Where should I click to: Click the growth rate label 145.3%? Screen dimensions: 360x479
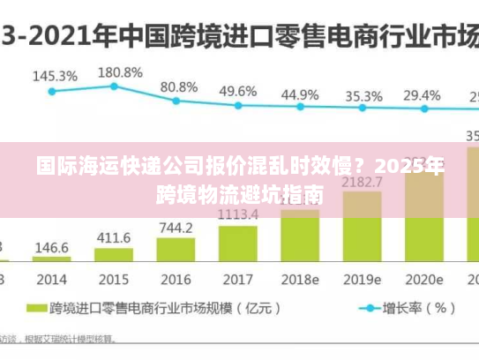click(55, 76)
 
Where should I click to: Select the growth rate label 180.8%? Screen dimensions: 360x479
click(119, 71)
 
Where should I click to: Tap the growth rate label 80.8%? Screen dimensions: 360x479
click(179, 86)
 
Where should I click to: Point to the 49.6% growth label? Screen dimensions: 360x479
click(237, 91)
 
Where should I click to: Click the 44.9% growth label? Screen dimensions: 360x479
click(300, 94)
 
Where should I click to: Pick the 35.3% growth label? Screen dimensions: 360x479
click(363, 96)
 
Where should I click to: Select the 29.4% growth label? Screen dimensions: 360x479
click(422, 94)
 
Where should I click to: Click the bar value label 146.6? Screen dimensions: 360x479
click(52, 248)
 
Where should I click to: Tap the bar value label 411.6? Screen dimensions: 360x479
click(114, 237)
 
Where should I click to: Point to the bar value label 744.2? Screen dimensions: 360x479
click(176, 228)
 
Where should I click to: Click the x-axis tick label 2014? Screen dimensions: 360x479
click(51, 279)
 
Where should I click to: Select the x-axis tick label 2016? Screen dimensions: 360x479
click(176, 279)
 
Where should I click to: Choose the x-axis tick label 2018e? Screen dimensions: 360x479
click(299, 279)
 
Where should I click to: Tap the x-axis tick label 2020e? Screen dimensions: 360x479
click(423, 279)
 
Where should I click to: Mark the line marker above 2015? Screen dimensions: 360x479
click(114, 86)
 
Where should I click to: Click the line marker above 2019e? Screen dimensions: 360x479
click(362, 109)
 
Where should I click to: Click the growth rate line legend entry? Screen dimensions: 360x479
click(405, 309)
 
